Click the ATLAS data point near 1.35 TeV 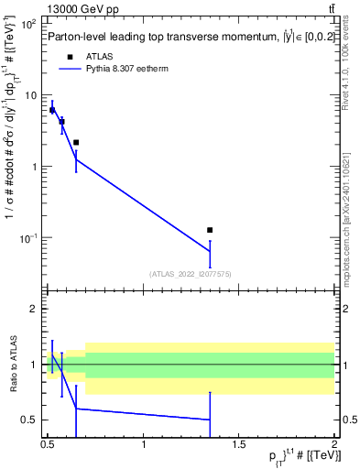pyautogui.click(x=210, y=230)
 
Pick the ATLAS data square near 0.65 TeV pyautogui.click(x=76, y=142)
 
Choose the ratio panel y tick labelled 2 pyautogui.click(x=34, y=309)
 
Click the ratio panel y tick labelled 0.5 pyautogui.click(x=30, y=420)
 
